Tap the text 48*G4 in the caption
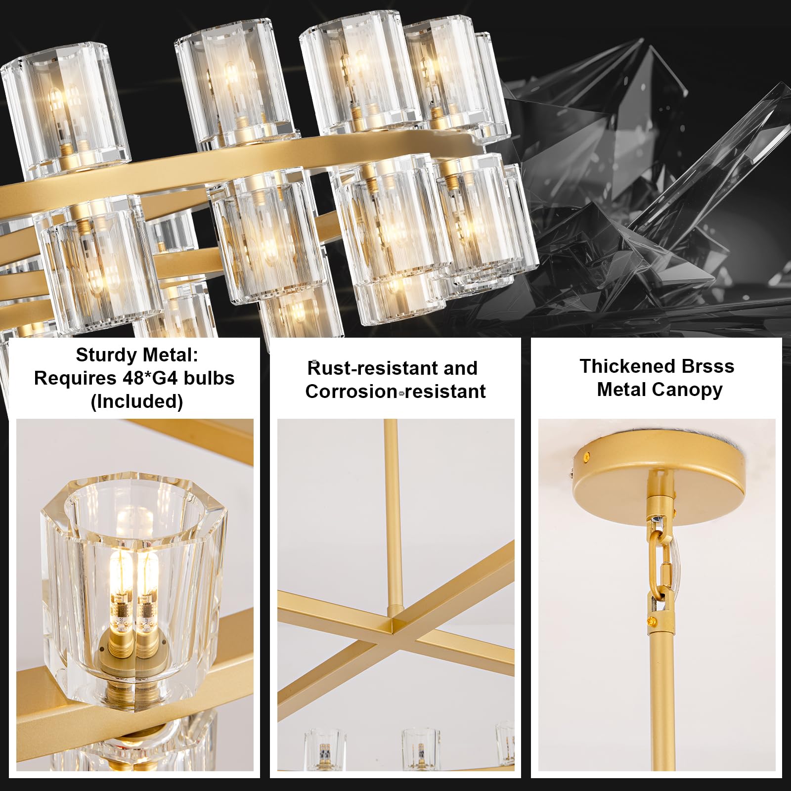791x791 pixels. [152, 378]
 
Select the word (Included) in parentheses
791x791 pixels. [137, 401]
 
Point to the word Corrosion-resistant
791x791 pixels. [395, 392]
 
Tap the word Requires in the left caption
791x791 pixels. [75, 379]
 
